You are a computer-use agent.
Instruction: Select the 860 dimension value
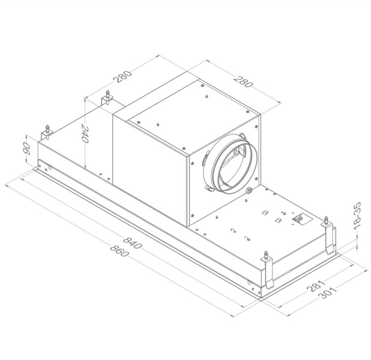[119, 251]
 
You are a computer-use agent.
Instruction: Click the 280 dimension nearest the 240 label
[122, 78]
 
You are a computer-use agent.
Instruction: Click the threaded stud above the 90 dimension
[46, 130]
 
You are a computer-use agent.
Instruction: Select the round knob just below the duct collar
[248, 191]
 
